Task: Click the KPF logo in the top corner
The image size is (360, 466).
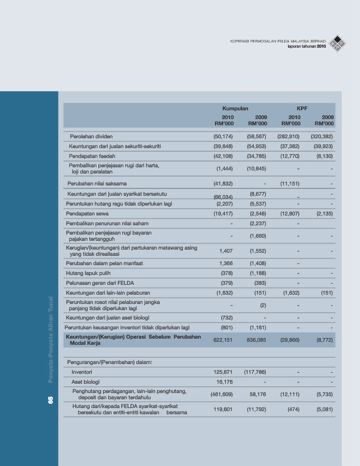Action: coord(338,43)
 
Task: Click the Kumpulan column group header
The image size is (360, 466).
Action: coord(235,109)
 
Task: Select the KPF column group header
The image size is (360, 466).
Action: coord(302,109)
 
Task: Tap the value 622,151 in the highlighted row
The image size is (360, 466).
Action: coord(223,340)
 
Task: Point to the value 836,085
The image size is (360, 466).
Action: coord(257,340)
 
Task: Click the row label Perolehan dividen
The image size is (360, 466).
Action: coord(91,136)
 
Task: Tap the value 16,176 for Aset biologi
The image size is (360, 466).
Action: coord(224,382)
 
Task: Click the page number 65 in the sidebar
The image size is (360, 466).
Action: coord(50,400)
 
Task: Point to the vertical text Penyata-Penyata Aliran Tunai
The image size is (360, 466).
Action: coord(50,339)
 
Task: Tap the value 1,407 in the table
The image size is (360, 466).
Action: coord(226,251)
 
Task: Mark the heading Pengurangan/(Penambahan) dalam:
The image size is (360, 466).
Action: coord(109,361)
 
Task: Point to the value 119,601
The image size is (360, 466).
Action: coord(223,409)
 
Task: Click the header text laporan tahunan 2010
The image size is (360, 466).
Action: coord(307,47)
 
